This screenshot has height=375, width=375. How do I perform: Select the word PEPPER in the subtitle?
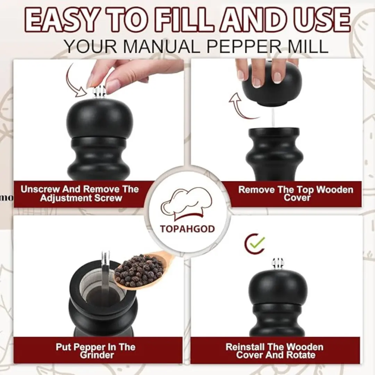244,46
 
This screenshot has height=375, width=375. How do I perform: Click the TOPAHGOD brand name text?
187,229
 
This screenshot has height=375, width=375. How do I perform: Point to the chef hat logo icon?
186,205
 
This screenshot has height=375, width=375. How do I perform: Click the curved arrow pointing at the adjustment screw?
73,81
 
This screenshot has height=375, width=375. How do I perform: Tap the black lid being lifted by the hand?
272,86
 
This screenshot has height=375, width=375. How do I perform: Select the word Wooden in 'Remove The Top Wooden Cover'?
335,190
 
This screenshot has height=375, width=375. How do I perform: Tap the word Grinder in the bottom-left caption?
97,355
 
